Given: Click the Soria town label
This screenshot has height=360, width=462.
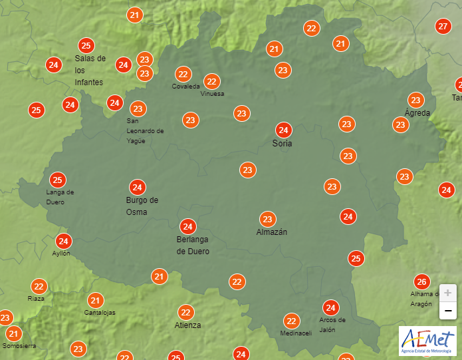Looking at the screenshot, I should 283,143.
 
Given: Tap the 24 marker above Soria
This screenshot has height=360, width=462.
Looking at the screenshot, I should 283,130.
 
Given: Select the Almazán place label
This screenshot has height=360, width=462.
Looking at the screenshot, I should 272,232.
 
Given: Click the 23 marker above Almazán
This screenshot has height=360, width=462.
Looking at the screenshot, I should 268,219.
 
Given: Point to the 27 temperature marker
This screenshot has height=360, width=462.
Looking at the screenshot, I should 443,27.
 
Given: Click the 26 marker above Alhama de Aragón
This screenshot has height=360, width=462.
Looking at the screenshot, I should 421,281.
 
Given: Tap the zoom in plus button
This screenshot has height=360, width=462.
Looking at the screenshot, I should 448,293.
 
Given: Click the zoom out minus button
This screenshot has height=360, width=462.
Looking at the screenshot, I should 448,310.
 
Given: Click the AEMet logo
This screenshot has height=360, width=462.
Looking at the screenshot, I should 427,341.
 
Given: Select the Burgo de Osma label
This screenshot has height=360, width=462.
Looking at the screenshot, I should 142,206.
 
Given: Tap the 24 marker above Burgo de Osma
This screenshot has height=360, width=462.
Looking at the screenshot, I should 138,187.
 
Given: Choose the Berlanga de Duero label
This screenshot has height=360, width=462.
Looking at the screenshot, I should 193,246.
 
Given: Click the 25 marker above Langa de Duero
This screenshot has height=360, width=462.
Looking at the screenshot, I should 58,180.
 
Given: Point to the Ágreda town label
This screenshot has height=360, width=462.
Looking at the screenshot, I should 417,113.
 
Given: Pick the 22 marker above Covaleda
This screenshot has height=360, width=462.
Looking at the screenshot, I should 183,74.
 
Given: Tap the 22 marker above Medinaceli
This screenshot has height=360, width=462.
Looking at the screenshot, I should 290,321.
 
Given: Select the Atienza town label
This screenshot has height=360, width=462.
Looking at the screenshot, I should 187,325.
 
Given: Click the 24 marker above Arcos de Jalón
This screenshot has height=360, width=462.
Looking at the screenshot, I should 330,307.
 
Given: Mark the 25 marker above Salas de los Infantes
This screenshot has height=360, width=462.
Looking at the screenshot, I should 86,45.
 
